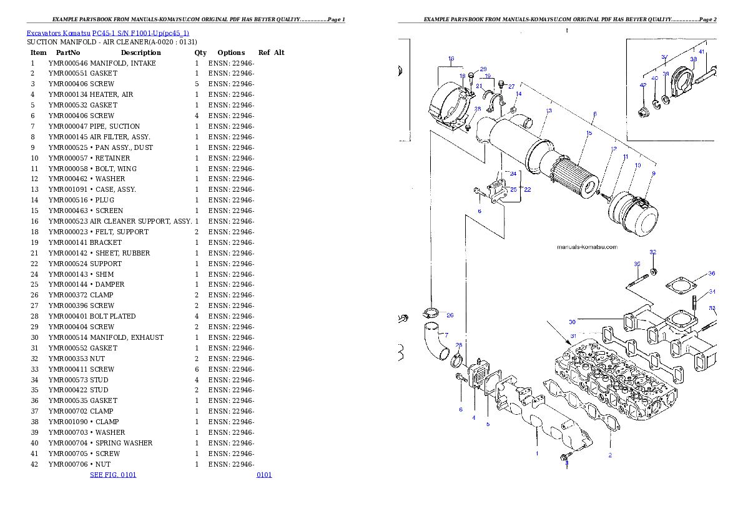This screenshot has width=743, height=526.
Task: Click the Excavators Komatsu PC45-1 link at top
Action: coord(107,32)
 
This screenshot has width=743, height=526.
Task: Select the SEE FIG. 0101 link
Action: coord(113,475)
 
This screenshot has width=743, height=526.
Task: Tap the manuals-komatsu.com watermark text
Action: coord(586,247)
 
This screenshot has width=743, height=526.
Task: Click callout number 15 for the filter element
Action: coord(588,133)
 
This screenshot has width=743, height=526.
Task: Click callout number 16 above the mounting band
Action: coord(451,59)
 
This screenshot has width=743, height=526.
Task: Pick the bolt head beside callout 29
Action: coord(471,76)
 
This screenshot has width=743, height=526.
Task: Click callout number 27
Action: coord(511,87)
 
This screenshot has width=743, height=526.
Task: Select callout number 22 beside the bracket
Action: coord(527,189)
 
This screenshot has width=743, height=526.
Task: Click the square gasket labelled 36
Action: coord(679,286)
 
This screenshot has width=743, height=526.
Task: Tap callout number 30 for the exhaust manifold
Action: coord(572,322)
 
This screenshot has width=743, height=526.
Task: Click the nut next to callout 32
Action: coord(653,271)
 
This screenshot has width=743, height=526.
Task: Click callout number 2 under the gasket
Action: coord(610,455)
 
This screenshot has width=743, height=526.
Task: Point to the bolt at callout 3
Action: coord(566,458)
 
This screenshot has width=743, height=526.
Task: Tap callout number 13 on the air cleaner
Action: coord(548,111)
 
